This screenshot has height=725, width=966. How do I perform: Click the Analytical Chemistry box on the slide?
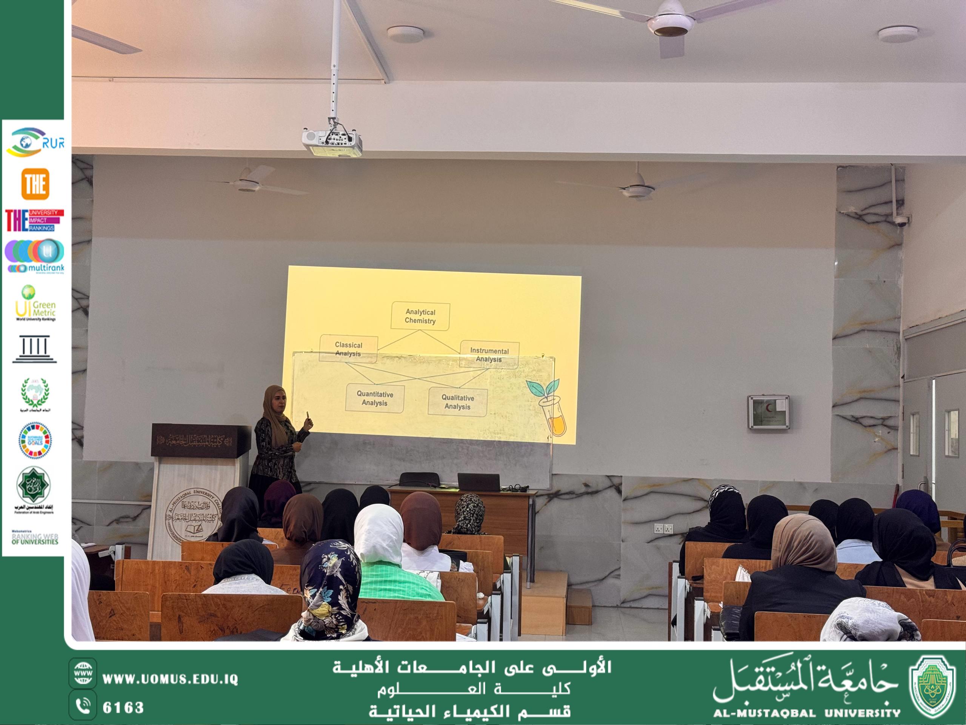pos(420,316)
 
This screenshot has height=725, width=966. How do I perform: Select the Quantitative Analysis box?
pos(375,398)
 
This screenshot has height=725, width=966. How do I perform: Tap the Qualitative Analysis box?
pos(457,402)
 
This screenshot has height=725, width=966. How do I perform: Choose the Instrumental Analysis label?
pos(489,355)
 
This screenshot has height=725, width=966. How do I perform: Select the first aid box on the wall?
pos(768,412)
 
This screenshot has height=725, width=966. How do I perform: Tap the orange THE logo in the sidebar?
pos(35,184)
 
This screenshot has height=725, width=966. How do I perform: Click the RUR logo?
pos(35,142)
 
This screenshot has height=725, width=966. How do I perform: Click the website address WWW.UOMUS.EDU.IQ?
pos(170,679)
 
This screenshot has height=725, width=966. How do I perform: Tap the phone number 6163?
pos(123,708)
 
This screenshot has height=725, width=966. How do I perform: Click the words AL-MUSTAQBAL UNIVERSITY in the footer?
pos(807,713)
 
